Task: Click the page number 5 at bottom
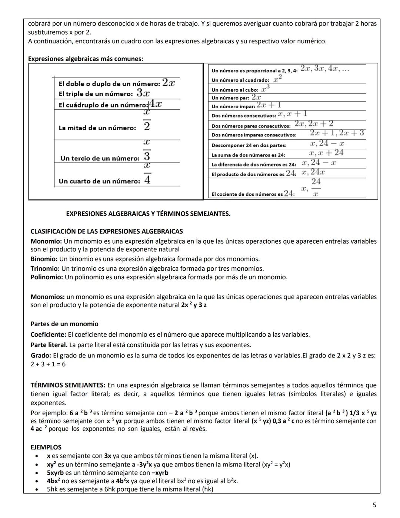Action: click(374, 505)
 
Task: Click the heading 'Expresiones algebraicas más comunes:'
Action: click(86, 59)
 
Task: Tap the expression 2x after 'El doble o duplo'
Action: click(168, 83)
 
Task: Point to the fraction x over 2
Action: click(147, 120)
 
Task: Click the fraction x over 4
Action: click(147, 174)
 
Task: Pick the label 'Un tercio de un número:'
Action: click(100, 158)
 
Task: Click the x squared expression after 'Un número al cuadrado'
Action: click(278, 79)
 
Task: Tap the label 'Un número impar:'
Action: click(233, 106)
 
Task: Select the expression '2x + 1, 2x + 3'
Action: click(337, 133)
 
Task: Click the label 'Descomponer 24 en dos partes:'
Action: click(249, 145)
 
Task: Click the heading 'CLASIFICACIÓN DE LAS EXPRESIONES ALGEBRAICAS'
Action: click(107, 231)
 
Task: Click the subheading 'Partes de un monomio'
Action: click(64, 324)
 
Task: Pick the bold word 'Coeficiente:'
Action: click(49, 334)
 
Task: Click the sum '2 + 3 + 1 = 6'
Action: click(48, 364)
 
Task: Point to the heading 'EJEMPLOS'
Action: click(46, 447)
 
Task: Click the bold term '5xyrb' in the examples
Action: click(55, 473)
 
